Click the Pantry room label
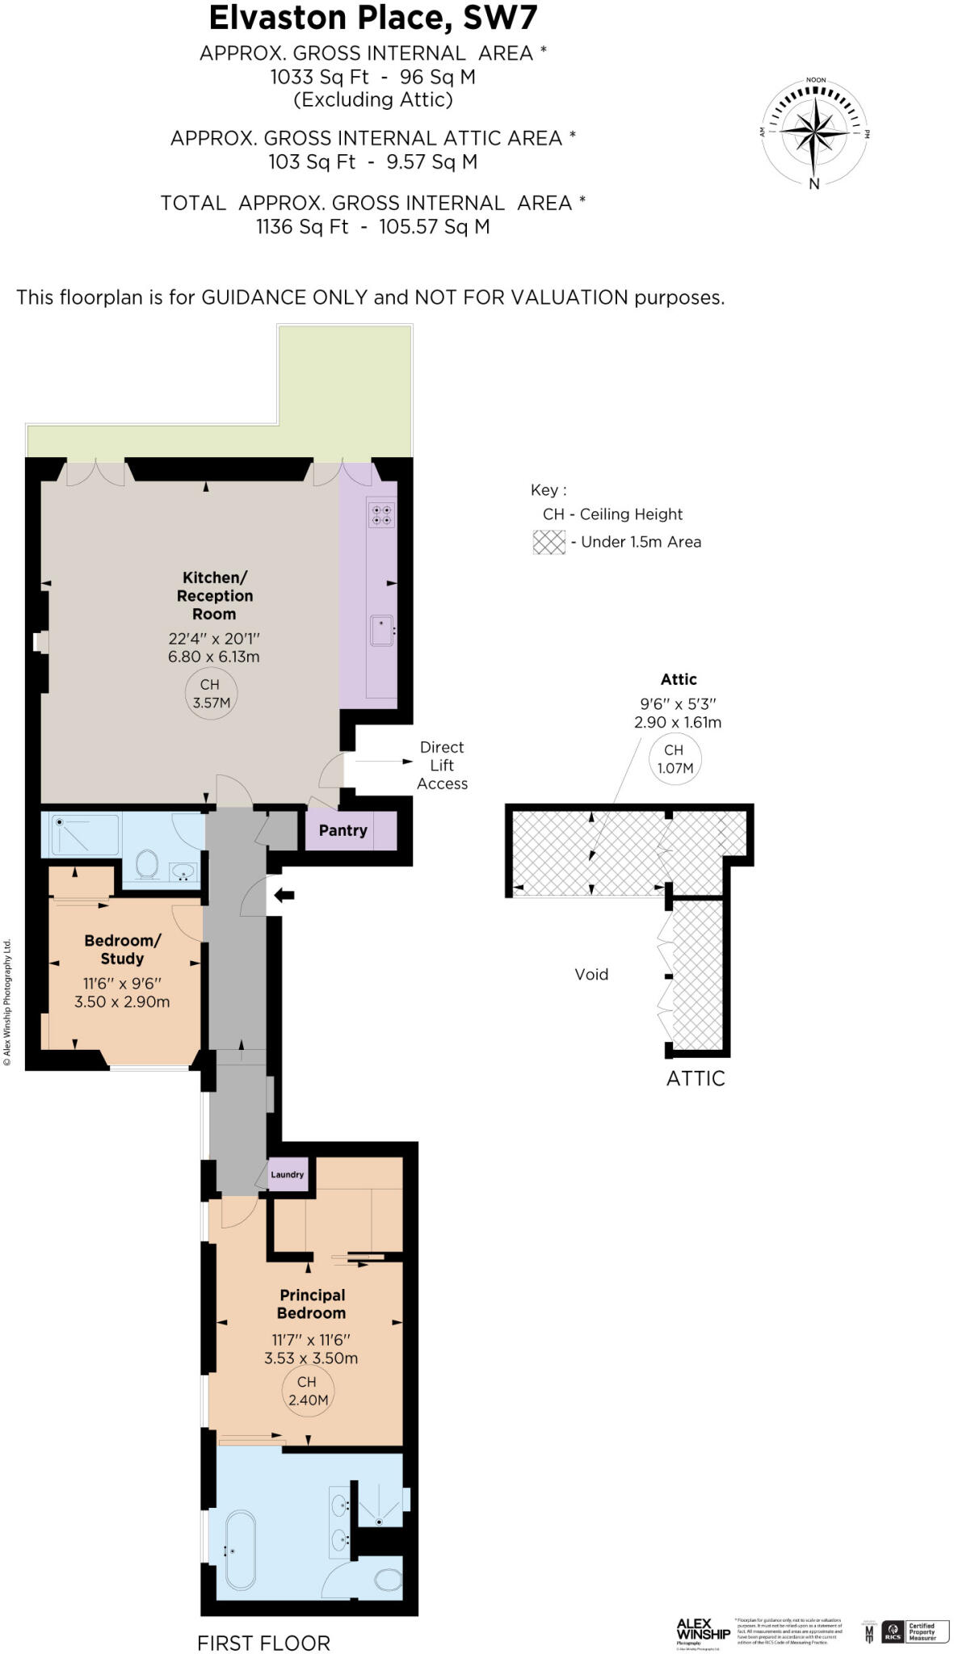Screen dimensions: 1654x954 [x=343, y=830]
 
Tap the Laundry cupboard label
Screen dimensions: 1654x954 [x=287, y=1174]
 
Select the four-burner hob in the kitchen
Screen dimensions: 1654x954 [x=381, y=514]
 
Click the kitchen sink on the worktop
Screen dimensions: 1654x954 [x=382, y=631]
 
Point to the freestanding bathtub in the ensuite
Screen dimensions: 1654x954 [x=240, y=1551]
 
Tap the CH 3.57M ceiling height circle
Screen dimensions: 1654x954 [x=212, y=694]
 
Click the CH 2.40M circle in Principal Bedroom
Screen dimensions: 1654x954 [x=308, y=1391]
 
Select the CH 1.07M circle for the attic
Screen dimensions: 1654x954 [x=675, y=759]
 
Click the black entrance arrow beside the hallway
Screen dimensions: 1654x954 [x=284, y=895]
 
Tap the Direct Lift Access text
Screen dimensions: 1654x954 [x=442, y=765]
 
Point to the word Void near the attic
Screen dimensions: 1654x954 [x=591, y=974]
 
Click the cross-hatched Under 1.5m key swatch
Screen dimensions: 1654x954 [x=549, y=542]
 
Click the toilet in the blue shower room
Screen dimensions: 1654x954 [x=147, y=863]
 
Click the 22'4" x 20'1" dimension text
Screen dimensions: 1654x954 [x=214, y=638]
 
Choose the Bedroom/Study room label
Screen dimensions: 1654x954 [x=122, y=949]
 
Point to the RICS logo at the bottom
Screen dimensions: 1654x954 [x=893, y=1631]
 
